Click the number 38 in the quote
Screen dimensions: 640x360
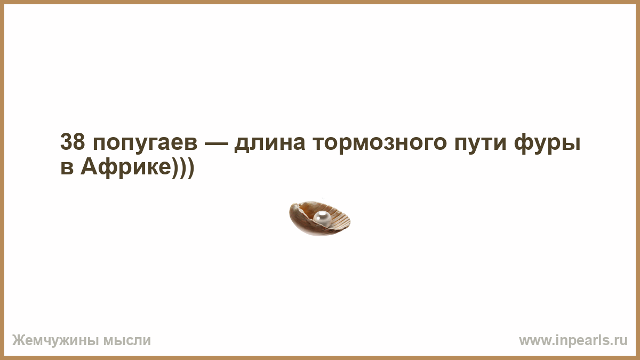(73, 142)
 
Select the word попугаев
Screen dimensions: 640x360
(145, 144)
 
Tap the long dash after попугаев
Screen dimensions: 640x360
(217, 143)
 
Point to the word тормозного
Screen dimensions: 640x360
(379, 144)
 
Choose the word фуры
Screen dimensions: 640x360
(547, 143)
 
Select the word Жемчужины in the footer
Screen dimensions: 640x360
(55, 341)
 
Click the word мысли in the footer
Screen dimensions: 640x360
(127, 341)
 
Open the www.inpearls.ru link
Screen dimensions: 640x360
(573, 341)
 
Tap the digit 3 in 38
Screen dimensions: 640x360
(66, 142)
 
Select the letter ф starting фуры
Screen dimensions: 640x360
(524, 143)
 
